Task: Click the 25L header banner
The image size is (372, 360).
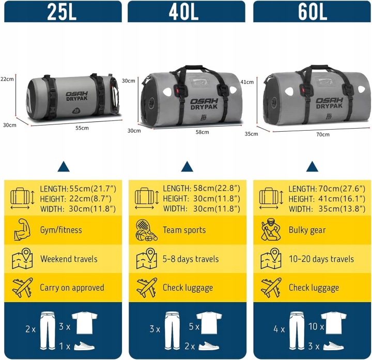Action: click(x=63, y=11)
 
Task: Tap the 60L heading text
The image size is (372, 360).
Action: click(x=313, y=11)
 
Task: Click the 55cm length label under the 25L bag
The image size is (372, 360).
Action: click(x=82, y=128)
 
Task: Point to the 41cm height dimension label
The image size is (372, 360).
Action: click(x=247, y=82)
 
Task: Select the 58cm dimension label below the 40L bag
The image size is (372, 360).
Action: click(x=202, y=132)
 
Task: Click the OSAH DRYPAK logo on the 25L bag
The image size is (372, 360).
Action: click(x=76, y=96)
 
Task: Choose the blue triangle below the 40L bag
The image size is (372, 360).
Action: click(x=187, y=166)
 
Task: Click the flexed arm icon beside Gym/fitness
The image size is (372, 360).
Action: click(x=22, y=229)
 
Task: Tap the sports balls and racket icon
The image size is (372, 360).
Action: click(x=147, y=230)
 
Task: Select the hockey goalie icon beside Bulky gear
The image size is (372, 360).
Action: click(x=271, y=229)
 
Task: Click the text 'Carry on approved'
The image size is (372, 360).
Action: click(x=72, y=288)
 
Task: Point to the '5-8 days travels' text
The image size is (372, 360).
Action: click(x=191, y=259)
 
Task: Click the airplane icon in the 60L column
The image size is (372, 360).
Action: click(x=271, y=287)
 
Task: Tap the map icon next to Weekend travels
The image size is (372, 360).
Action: click(x=22, y=258)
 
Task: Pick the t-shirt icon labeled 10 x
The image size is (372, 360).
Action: click(x=334, y=322)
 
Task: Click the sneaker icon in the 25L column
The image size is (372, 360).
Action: click(x=84, y=346)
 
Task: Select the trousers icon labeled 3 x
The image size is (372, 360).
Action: click(x=172, y=331)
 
